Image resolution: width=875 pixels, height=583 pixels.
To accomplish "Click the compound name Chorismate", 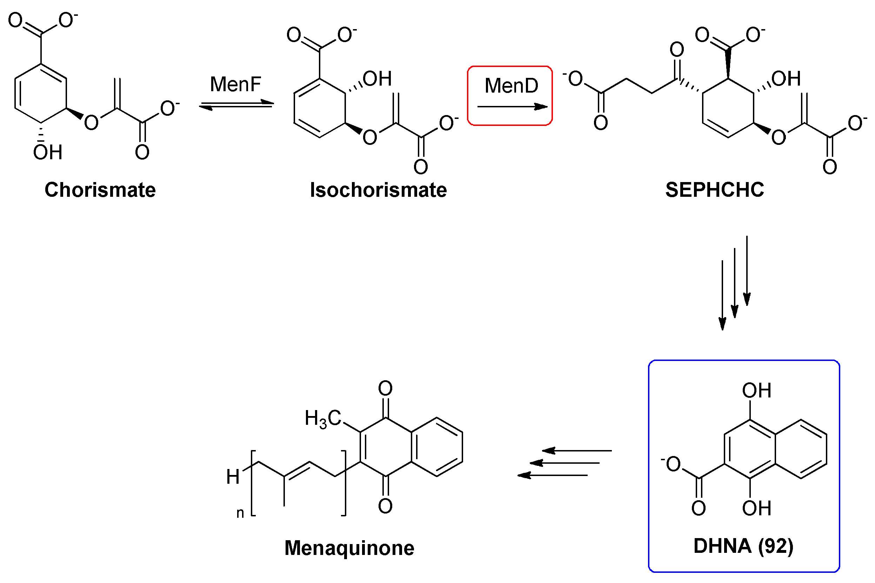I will tap(100, 190).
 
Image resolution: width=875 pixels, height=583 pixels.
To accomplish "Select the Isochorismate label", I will tap(378, 190).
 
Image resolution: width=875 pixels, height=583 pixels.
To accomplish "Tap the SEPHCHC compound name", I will tap(714, 190).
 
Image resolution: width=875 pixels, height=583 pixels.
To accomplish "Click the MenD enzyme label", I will tap(511, 86).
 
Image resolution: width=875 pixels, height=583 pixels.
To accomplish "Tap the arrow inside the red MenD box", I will tap(512, 107).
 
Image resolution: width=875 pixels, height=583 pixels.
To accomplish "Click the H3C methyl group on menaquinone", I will tap(322, 418).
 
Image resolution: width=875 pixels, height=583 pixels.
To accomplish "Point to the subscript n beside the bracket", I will tap(240, 513).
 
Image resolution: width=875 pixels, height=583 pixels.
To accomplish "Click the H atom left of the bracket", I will tap(233, 477).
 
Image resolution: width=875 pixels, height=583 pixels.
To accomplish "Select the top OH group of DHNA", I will tap(756, 391).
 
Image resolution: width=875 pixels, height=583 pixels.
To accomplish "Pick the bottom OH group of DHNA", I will tap(756, 508).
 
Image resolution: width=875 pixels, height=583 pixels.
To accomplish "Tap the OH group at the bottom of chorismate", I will tap(48, 152).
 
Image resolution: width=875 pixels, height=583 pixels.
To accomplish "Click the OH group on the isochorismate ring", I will tap(377, 79).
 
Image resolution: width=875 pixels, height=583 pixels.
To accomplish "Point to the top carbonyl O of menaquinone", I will tap(385, 389).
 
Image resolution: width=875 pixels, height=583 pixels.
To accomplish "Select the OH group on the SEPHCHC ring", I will tap(786, 79).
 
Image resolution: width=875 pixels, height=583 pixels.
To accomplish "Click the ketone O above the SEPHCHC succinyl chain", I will tap(676, 49).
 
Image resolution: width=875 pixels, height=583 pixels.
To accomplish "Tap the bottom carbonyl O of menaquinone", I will tap(385, 506).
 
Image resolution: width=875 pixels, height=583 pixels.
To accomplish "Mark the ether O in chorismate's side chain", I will tap(91, 122).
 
